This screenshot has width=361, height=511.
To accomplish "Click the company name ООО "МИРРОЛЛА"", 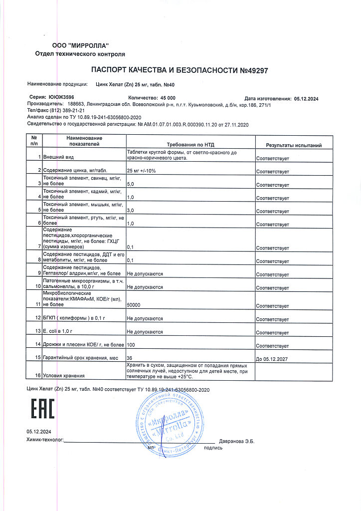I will pos(81,46).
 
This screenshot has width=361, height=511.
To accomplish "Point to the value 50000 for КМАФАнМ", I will pos(135,304).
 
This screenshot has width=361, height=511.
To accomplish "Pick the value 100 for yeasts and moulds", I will pos(132,345).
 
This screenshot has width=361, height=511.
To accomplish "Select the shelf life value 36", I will pos(130,358).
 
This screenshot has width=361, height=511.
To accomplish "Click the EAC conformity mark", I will pos(43,408).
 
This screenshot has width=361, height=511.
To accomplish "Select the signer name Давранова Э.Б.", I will pos(237,441).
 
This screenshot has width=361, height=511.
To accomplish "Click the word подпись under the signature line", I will pos(213,448).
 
